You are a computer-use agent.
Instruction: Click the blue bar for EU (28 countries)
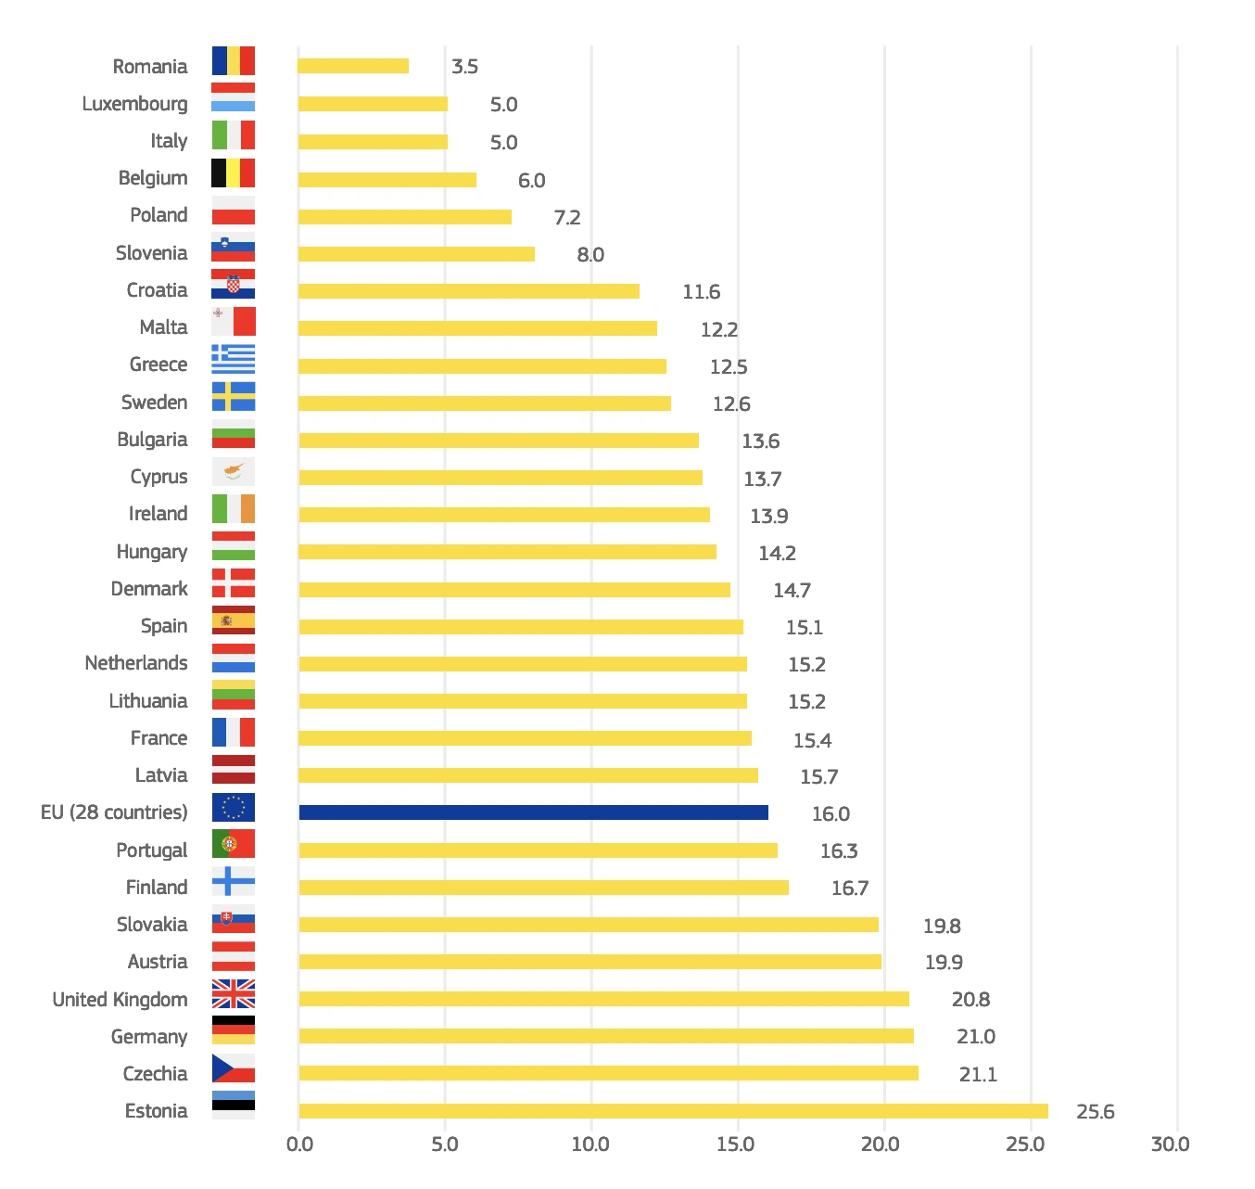(533, 812)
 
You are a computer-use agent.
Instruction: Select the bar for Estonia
(673, 1111)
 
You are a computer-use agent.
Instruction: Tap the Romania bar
(353, 66)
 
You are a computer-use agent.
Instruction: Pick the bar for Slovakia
(589, 925)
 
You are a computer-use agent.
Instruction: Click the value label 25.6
(1095, 1111)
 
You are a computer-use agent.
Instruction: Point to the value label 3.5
(464, 67)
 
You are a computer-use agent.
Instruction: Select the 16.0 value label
(830, 813)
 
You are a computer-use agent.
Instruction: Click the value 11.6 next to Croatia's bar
(701, 292)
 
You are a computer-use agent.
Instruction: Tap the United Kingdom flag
(234, 993)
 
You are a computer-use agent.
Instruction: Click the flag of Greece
(234, 359)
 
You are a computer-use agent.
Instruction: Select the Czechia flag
(234, 1068)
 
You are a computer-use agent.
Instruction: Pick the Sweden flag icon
(234, 396)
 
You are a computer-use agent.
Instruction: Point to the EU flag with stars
(234, 807)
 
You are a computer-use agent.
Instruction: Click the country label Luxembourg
(134, 104)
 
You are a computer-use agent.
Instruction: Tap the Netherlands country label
(136, 663)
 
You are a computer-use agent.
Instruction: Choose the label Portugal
(151, 850)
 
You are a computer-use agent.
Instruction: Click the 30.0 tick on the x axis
(1170, 1144)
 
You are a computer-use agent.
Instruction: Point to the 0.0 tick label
(299, 1144)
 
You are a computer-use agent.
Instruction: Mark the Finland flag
(234, 881)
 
